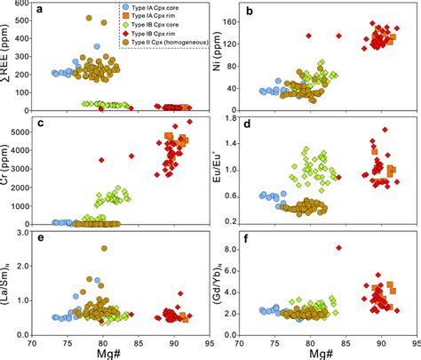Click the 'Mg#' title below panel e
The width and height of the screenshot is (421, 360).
coord(120,352)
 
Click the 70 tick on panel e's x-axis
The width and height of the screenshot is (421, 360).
coord(32,340)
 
